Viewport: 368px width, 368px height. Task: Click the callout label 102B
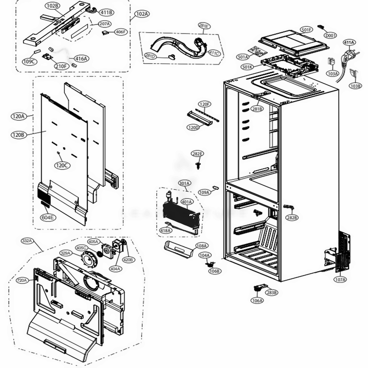tap(53, 6)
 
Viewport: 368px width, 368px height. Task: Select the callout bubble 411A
tap(349, 43)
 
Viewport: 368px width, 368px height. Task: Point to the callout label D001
tap(330, 36)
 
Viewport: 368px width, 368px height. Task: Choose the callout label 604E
tap(47, 217)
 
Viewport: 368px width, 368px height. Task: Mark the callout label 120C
tap(62, 165)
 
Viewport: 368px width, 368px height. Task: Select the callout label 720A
tap(22, 280)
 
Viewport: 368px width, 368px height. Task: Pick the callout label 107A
tap(340, 280)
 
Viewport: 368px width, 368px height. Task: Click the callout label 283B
tap(272, 293)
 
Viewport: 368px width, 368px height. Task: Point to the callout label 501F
tap(306, 29)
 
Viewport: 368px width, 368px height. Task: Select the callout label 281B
tap(257, 109)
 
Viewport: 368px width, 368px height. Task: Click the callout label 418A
tap(166, 230)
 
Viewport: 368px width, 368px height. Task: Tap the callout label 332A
tap(27, 241)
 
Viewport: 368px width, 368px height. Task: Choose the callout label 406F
tap(120, 32)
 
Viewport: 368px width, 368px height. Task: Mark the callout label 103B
tap(355, 86)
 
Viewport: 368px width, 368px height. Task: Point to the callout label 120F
tap(205, 104)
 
